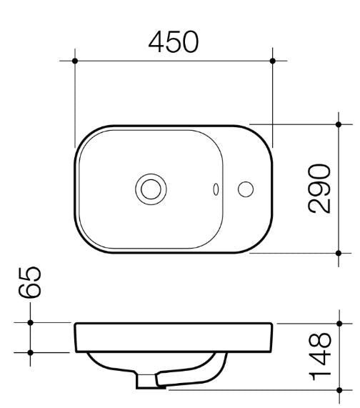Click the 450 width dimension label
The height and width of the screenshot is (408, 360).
coord(173,42)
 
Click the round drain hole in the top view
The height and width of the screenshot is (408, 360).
coord(150,189)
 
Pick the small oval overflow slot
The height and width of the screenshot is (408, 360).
coord(216,189)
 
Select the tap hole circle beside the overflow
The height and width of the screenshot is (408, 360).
coord(246,189)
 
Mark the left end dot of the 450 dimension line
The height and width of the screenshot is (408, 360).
coord(75,61)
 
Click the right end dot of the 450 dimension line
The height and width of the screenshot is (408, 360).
coord(272,61)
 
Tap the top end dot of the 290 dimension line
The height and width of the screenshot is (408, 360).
coord(339,124)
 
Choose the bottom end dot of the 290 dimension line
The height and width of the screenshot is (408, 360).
coord(339,252)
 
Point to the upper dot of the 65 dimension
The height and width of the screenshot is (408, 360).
coord(30,323)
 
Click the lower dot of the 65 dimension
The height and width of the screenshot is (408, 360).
coord(30,352)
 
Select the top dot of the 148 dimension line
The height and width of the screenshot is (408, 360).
coord(339,323)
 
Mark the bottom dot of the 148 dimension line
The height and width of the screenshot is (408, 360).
coord(339,390)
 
